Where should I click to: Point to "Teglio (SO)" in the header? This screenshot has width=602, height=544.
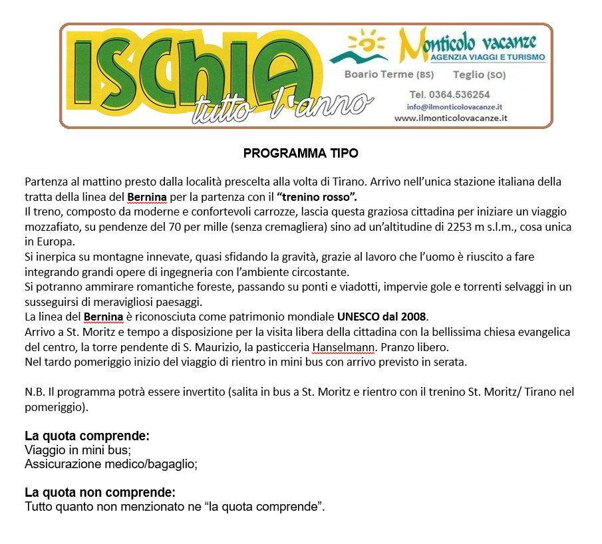479,74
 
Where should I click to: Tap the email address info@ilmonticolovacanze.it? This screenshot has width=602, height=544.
454,106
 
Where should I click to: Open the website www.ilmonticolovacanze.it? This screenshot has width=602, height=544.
460,118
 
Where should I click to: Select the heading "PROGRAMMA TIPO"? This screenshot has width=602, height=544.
301,154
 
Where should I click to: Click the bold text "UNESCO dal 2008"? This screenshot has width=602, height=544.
382,316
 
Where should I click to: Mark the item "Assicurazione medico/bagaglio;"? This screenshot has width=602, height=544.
111,464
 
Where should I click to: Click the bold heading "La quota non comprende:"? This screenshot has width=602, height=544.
100,493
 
